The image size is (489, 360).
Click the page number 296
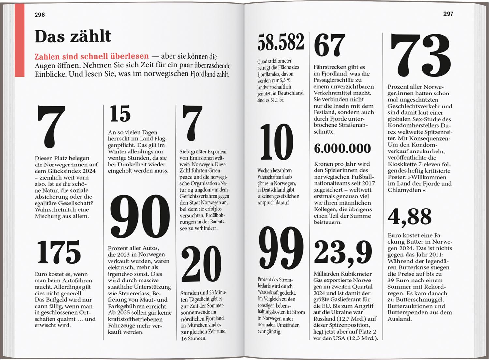point(40,15)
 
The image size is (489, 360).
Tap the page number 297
point(448,14)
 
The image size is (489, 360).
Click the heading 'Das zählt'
point(73,36)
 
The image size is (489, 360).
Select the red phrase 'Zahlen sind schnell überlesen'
point(92,56)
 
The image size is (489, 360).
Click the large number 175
point(59,252)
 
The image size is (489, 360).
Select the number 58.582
point(281,42)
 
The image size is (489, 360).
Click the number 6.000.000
point(342,149)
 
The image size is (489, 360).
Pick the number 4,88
point(409,217)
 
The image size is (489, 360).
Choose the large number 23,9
point(343,252)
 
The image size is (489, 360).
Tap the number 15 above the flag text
point(120,114)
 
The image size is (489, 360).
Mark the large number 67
point(329,45)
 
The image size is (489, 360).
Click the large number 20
point(201,265)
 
